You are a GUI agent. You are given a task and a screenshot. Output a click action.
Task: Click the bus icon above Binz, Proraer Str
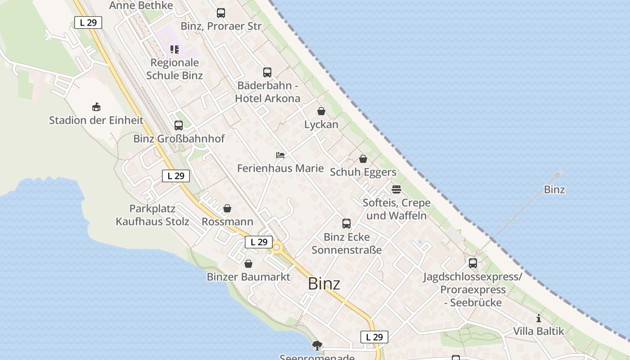220,13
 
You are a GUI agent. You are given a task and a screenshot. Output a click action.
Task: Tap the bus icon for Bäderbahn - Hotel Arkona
267,72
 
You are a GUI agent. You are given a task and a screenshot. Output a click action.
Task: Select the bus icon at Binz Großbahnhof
179,126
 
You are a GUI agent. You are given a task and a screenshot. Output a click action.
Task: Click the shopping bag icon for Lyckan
321,111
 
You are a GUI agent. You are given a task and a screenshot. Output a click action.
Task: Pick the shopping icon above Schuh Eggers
363,159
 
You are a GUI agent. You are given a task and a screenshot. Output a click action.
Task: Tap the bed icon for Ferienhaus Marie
280,155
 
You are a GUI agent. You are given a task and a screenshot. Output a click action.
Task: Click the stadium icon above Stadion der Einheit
96,107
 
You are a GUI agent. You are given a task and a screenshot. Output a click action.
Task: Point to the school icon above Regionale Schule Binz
175,49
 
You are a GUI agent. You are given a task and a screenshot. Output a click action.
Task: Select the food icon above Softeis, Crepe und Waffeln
396,189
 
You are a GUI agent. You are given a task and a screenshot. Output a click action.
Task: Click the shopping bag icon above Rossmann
227,209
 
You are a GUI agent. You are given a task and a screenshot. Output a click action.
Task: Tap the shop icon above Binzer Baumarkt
248,264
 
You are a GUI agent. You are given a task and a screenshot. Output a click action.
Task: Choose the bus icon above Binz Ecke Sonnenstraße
346,224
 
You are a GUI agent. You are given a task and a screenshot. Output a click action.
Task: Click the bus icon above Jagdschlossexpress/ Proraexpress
472,263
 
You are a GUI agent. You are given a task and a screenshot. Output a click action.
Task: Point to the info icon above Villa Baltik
539,319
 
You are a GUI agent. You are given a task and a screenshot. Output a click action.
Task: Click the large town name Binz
324,284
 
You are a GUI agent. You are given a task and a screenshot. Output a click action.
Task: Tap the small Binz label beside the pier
554,189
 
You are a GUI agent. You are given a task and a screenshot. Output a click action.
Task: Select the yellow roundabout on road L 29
276,247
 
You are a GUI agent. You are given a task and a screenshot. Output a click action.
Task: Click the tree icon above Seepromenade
317,346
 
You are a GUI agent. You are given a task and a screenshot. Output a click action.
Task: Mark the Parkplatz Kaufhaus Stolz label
153,215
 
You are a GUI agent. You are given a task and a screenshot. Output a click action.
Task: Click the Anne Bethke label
141,5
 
